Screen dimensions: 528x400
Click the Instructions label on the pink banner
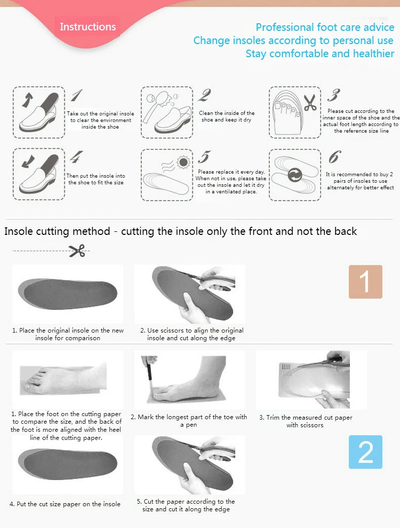tap(88, 27)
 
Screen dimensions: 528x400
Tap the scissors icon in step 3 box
tap(309, 103)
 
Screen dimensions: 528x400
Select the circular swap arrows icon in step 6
tap(295, 176)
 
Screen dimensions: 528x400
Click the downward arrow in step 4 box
tap(26, 163)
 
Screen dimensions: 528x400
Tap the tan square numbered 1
tap(365, 281)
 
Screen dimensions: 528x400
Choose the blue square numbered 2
tap(365, 452)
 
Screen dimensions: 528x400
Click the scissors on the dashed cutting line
tap(77, 250)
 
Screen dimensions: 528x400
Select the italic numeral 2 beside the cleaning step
tap(205, 95)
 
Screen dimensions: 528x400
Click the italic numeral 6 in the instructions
tap(334, 157)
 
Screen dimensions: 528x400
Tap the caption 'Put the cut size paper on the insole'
tap(65, 504)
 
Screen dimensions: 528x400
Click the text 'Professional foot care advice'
tap(325, 27)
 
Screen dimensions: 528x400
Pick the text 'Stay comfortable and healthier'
tap(319, 54)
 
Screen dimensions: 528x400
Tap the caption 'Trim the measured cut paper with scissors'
tap(305, 421)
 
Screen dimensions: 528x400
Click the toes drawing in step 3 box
tap(286, 111)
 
